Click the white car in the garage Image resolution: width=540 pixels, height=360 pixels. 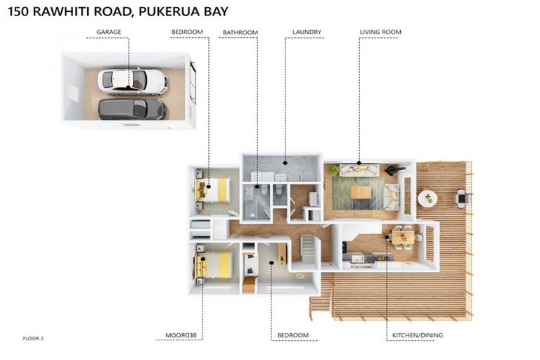[132, 80]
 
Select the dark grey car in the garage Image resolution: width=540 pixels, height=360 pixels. [131, 109]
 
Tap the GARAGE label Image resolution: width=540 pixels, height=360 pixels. [109, 32]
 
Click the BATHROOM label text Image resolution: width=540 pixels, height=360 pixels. [240, 32]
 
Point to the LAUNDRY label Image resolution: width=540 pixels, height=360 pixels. [307, 32]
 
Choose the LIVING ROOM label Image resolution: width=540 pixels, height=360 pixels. [380, 32]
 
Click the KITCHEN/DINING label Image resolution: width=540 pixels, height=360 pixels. [418, 335]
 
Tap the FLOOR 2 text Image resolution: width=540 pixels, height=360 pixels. [33, 339]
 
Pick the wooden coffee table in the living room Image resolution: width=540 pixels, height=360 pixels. [361, 192]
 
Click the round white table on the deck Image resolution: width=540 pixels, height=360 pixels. [427, 198]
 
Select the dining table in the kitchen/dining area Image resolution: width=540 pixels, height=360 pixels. [403, 238]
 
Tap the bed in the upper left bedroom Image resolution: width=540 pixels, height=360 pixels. [213, 189]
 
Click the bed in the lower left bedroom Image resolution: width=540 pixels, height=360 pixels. [213, 264]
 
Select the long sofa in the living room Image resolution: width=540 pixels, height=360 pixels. [359, 169]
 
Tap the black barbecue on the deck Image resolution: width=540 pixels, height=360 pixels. [462, 198]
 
